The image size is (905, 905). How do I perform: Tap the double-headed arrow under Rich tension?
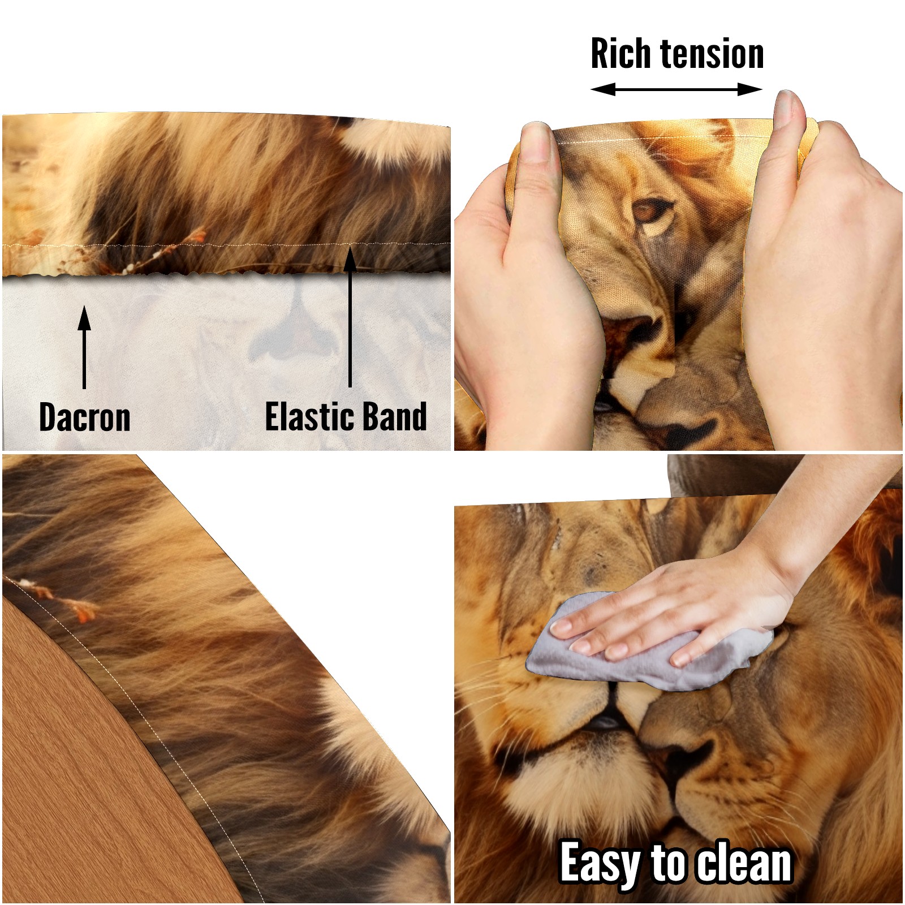tap(676, 89)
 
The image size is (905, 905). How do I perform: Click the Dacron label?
tap(85, 417)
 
